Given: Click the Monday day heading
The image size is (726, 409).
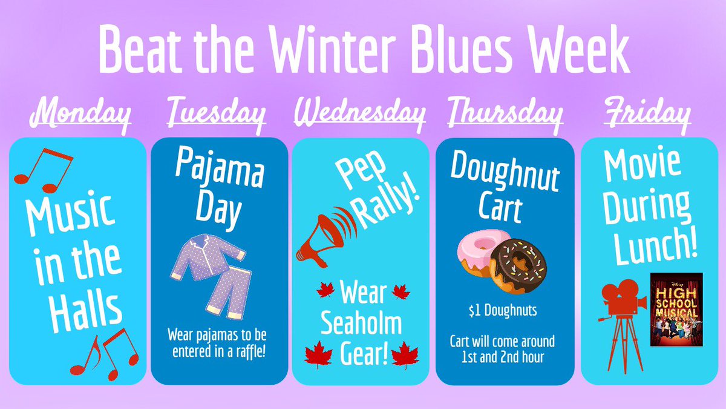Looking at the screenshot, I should tap(80, 115).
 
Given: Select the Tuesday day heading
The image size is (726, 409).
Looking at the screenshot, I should tap(216, 115).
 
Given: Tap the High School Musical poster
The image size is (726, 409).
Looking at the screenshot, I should tap(676, 309).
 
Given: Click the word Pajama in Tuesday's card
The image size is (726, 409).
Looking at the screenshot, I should tap(218, 172).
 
